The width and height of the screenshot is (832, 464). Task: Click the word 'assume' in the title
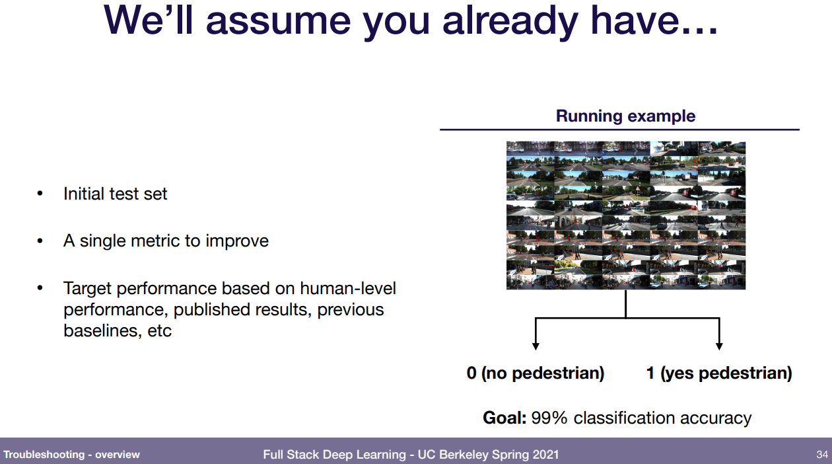click(x=278, y=22)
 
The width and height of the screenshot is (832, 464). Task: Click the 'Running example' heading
click(x=625, y=116)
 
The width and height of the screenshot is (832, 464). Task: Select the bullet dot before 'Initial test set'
click(x=40, y=194)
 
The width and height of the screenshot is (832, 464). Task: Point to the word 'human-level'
click(x=348, y=288)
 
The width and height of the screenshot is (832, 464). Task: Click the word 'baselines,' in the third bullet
click(x=102, y=330)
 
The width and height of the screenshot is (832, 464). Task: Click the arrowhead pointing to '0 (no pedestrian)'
click(x=536, y=346)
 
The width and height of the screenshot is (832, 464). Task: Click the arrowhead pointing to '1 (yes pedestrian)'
click(x=720, y=346)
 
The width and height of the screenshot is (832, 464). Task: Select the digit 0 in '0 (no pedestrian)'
click(x=471, y=373)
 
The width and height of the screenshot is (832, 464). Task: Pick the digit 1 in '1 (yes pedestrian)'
click(x=650, y=373)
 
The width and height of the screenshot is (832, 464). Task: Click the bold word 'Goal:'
click(x=504, y=418)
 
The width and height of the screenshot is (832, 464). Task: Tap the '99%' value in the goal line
click(x=549, y=418)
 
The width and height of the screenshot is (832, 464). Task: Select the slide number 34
click(x=822, y=454)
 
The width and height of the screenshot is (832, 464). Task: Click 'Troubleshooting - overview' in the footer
click(x=72, y=454)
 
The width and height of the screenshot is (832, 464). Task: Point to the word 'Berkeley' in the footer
click(x=462, y=455)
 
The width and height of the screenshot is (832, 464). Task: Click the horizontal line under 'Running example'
click(x=619, y=130)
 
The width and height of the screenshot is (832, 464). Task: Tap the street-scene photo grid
click(x=626, y=215)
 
